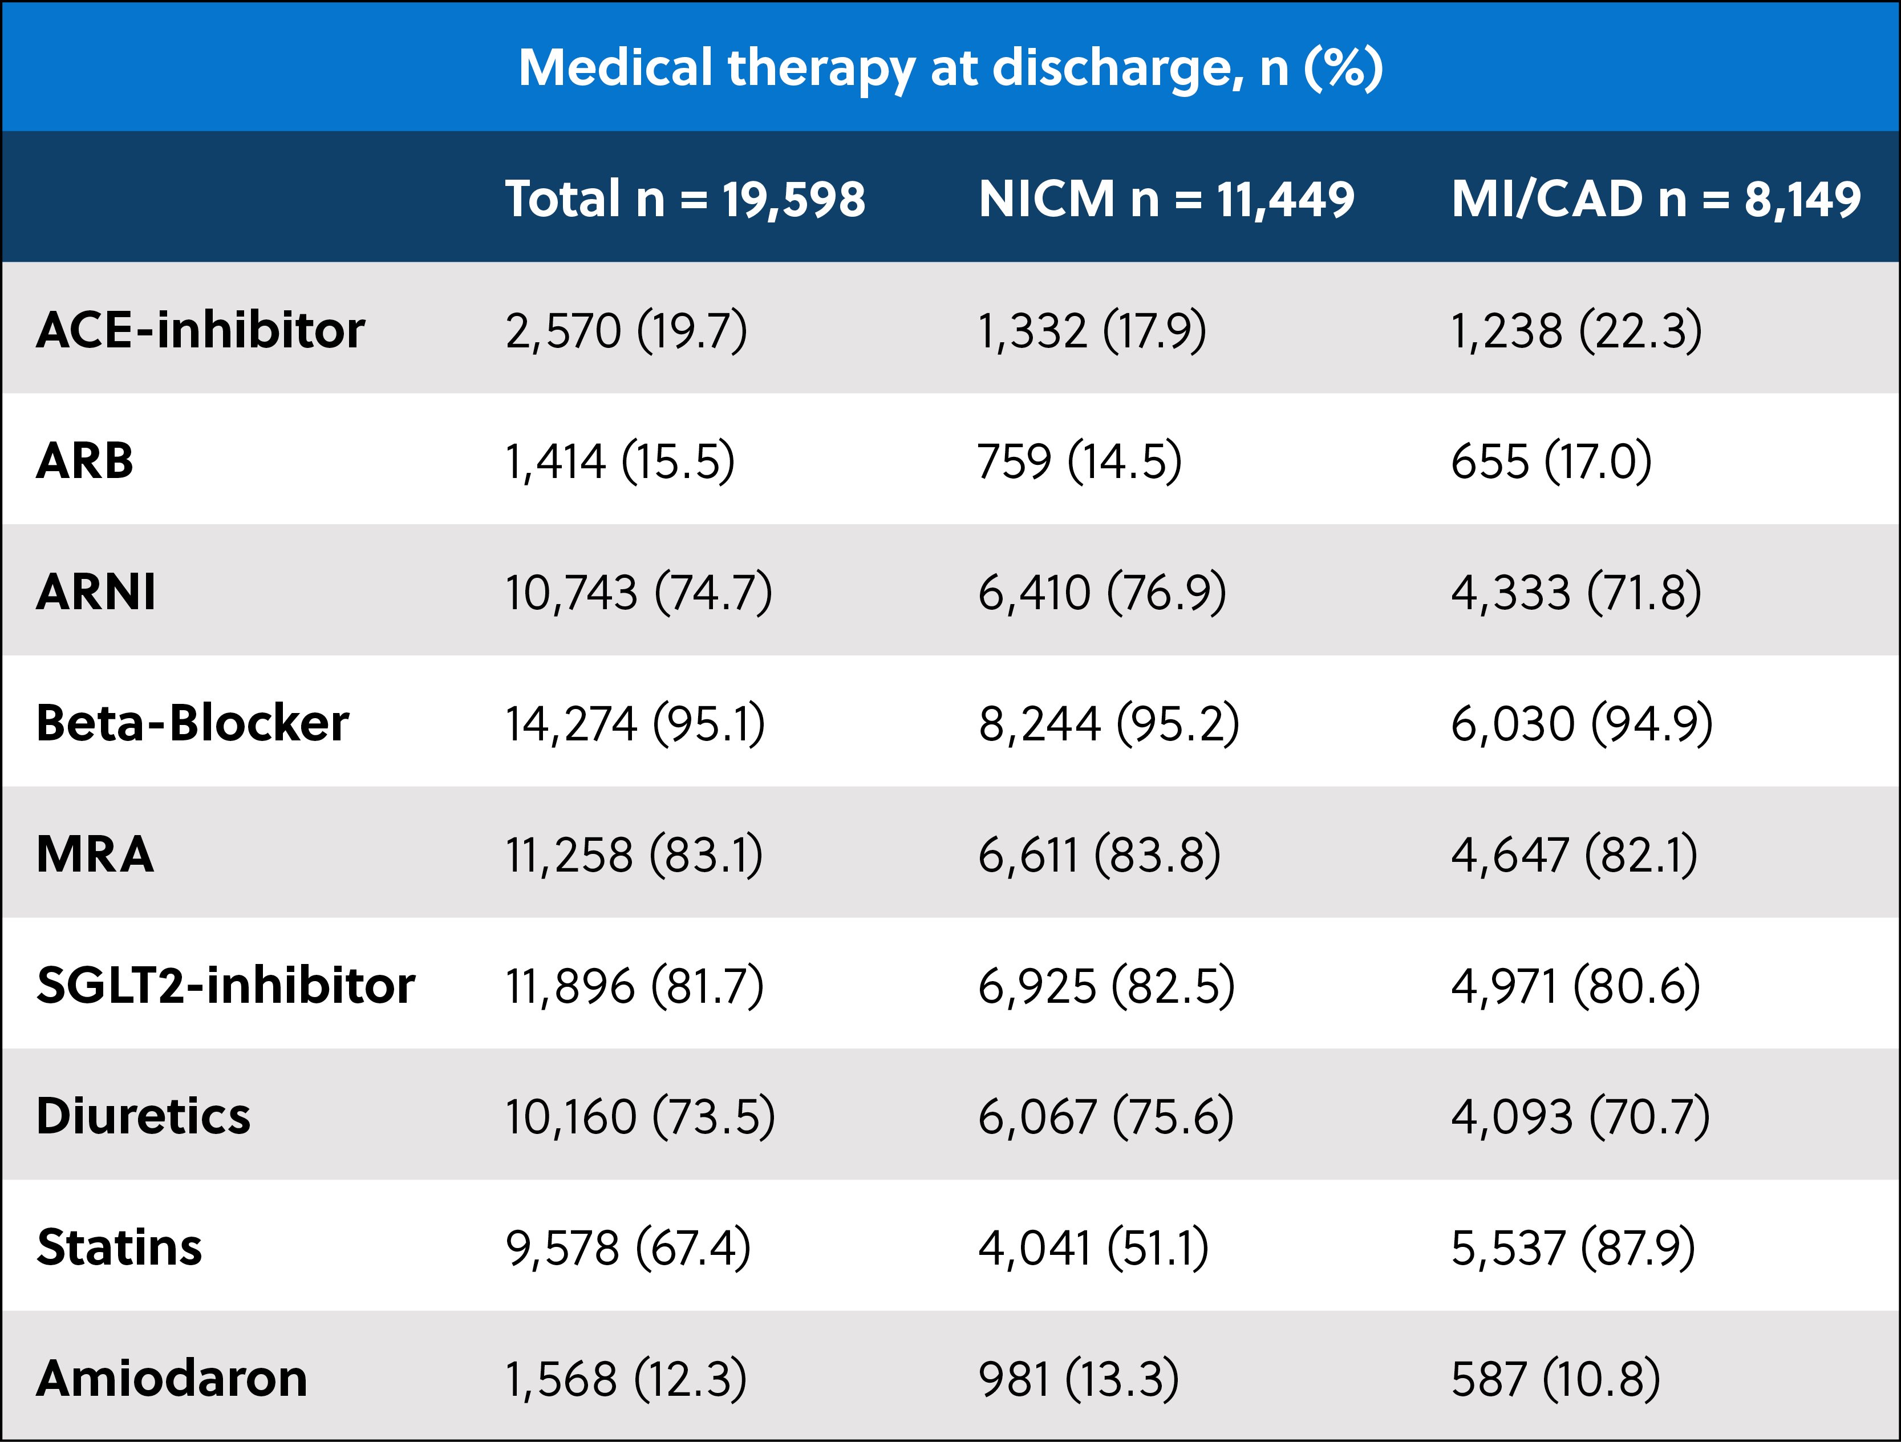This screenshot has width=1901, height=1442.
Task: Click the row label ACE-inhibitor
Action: point(200,330)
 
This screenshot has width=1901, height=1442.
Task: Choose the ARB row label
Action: point(85,461)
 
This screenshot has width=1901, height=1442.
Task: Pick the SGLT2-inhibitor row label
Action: point(225,985)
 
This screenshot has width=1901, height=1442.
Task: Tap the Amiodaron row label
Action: point(172,1379)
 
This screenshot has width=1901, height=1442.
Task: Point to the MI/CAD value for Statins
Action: point(1572,1248)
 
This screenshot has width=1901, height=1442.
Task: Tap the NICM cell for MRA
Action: point(1099,854)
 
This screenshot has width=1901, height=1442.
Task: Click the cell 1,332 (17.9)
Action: point(1092,330)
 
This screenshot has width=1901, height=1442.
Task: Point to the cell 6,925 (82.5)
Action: point(1106,985)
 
